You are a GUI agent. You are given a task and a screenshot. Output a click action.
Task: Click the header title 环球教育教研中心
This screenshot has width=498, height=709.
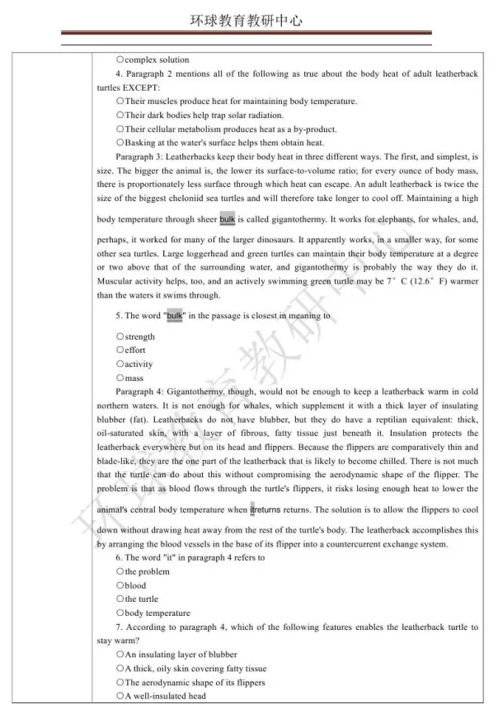click(x=248, y=21)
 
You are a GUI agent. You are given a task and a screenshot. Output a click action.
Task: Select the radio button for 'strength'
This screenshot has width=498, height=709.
click(x=120, y=336)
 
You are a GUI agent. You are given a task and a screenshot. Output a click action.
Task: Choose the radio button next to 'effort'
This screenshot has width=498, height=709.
click(x=120, y=350)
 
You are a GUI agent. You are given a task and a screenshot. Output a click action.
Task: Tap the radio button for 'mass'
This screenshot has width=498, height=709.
click(x=120, y=378)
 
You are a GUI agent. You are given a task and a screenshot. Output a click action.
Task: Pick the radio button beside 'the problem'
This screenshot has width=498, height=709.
click(x=120, y=571)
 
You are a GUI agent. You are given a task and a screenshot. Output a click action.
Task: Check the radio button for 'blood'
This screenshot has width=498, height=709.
click(x=120, y=585)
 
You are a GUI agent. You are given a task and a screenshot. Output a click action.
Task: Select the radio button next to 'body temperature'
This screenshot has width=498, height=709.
click(x=120, y=613)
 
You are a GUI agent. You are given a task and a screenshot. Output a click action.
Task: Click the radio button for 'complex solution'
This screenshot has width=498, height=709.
click(x=120, y=59)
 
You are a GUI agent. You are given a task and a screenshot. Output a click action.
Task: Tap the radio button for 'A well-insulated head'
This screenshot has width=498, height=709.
click(x=120, y=697)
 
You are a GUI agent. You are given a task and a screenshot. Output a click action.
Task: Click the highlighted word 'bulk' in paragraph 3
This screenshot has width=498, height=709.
click(x=228, y=219)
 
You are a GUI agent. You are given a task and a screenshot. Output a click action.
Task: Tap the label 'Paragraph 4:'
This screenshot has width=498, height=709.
click(x=143, y=392)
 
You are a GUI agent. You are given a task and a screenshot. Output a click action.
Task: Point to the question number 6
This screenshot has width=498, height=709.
click(x=119, y=558)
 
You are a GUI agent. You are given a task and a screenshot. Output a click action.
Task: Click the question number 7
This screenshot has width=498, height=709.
click(x=119, y=627)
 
